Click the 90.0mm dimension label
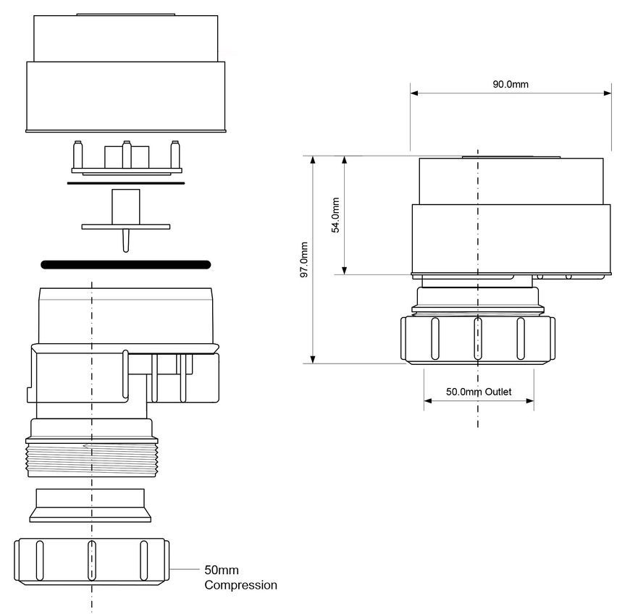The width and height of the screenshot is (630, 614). (511, 85)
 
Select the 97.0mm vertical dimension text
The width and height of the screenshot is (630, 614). (304, 260)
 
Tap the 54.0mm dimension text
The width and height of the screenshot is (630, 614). (335, 215)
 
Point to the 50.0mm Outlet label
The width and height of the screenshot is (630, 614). (479, 392)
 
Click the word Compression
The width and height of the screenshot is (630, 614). (240, 585)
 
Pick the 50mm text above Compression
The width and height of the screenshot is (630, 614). (222, 570)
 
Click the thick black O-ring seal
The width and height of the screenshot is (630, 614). (126, 264)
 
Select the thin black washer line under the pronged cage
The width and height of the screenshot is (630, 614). (126, 183)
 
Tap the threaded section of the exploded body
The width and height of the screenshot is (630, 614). (92, 458)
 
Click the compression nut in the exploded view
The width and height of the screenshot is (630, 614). (92, 561)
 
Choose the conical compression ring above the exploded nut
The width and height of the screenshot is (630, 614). (91, 505)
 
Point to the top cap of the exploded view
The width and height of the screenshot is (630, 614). (126, 73)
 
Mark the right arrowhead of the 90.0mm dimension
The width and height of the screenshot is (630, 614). (608, 93)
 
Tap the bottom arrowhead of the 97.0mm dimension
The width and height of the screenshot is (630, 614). (313, 360)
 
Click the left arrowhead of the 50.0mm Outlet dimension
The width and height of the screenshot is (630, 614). (428, 400)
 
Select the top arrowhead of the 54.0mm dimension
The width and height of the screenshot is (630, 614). (345, 160)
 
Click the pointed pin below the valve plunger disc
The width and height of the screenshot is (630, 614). (126, 240)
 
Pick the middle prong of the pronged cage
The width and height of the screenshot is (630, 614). (127, 154)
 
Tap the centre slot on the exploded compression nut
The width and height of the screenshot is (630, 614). (92, 560)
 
